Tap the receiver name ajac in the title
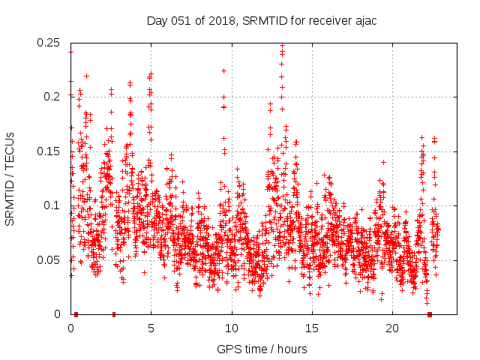pyautogui.click(x=362, y=21)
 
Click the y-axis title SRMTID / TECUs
pyautogui.click(x=10, y=178)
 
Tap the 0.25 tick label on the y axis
pyautogui.click(x=49, y=43)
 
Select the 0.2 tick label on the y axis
pyautogui.click(x=53, y=97)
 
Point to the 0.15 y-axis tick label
pyautogui.click(x=49, y=151)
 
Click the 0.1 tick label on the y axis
pyautogui.click(x=53, y=205)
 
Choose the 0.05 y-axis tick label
pyautogui.click(x=49, y=260)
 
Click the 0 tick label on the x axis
pyautogui.click(x=70, y=328)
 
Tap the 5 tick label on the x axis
pyautogui.click(x=151, y=328)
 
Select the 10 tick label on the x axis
pyautogui.click(x=232, y=328)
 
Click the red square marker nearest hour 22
pyautogui.click(x=430, y=314)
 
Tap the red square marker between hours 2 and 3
pyautogui.click(x=114, y=314)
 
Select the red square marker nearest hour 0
pyautogui.click(x=76, y=314)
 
